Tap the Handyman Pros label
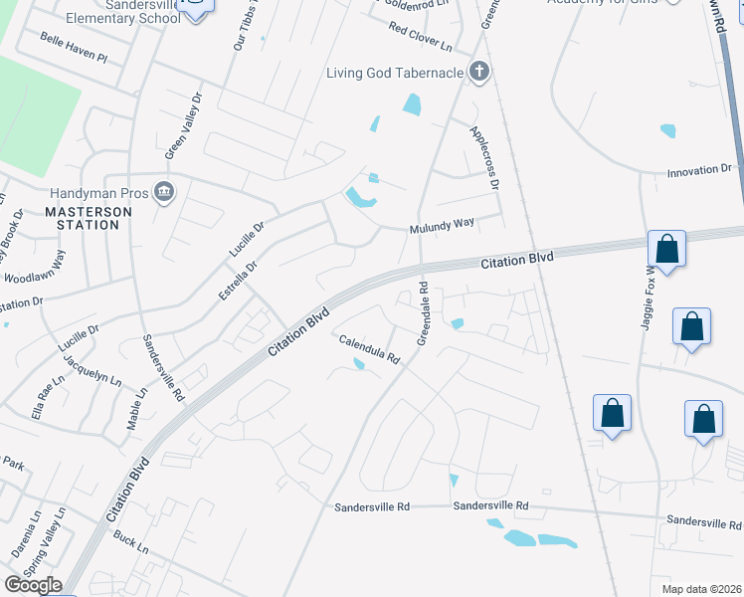(99, 192)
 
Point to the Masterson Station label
(82, 218)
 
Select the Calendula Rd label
(369, 349)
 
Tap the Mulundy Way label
(442, 226)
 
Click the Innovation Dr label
(699, 171)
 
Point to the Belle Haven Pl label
(73, 46)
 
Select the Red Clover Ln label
(421, 40)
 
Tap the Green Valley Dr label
(177, 128)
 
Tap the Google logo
(33, 585)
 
